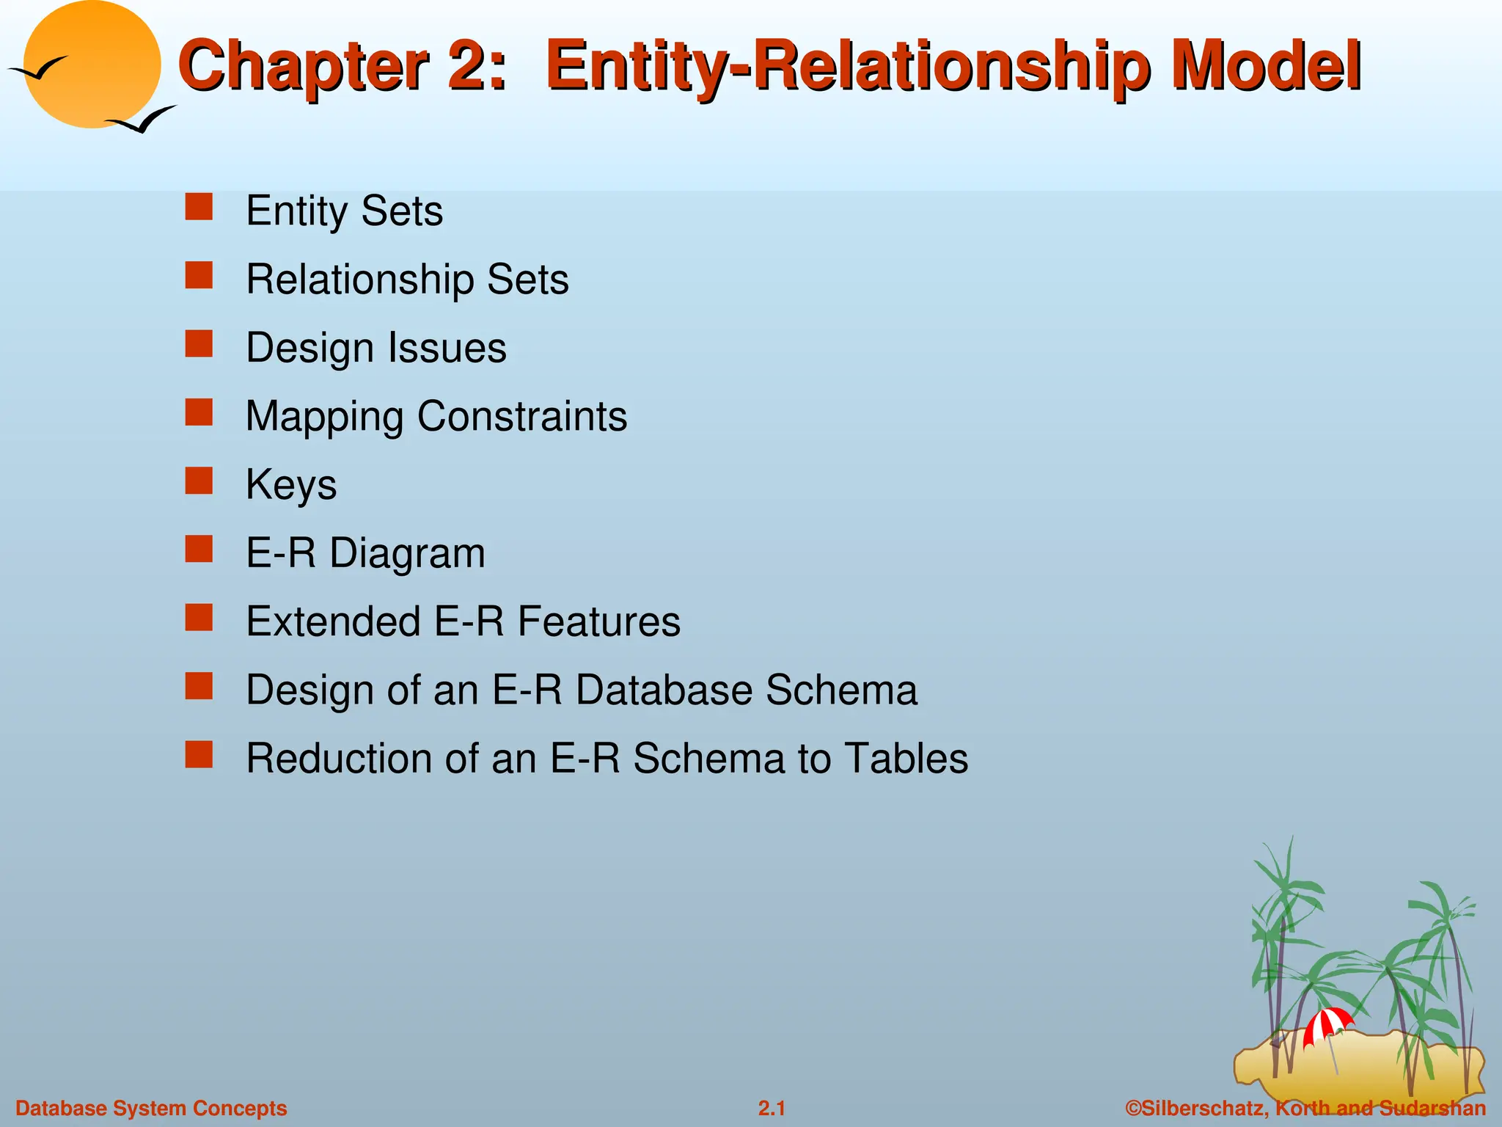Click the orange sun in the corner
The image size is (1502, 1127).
point(92,65)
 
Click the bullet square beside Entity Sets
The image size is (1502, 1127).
point(199,207)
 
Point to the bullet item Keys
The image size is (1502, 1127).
point(291,485)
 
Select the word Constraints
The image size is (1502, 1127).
point(522,417)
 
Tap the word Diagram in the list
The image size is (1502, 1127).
point(407,553)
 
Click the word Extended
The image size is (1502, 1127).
point(333,621)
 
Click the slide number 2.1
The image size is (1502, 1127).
point(772,1108)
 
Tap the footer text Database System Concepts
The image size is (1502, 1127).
point(151,1108)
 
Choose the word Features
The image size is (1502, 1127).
point(599,621)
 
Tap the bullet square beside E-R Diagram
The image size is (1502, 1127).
point(199,549)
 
